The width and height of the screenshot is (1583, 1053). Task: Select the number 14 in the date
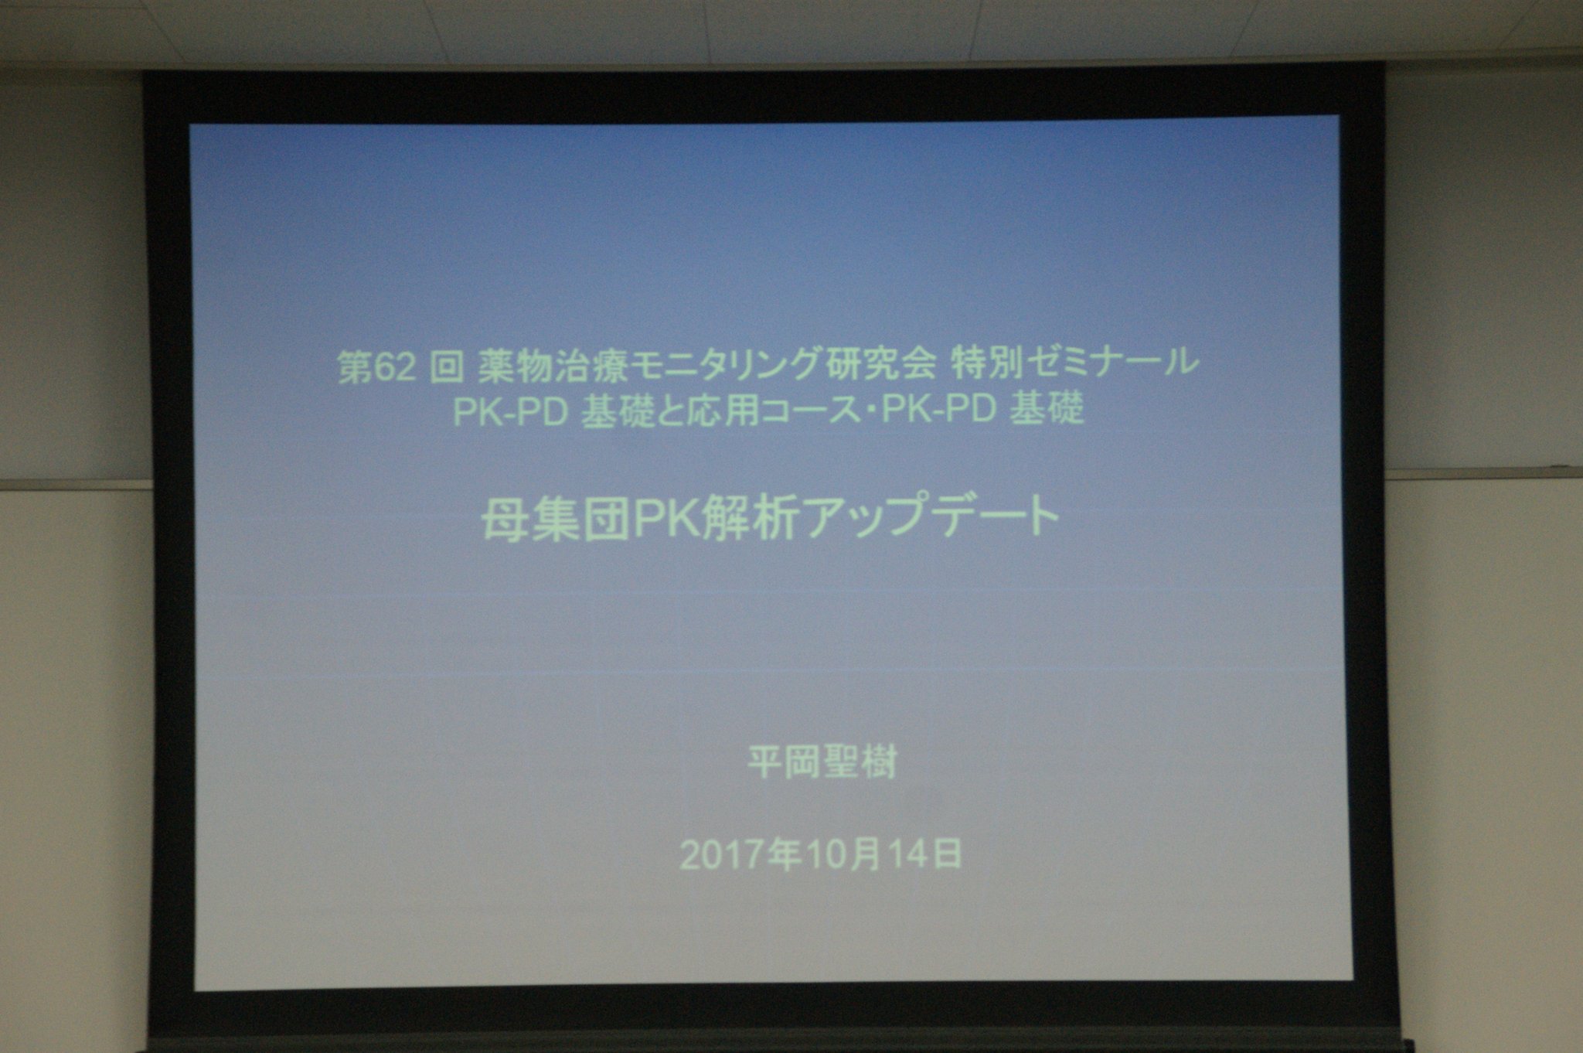click(x=907, y=855)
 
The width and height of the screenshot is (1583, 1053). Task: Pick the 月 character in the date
click(x=870, y=855)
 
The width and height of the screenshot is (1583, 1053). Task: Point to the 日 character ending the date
click(x=944, y=854)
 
